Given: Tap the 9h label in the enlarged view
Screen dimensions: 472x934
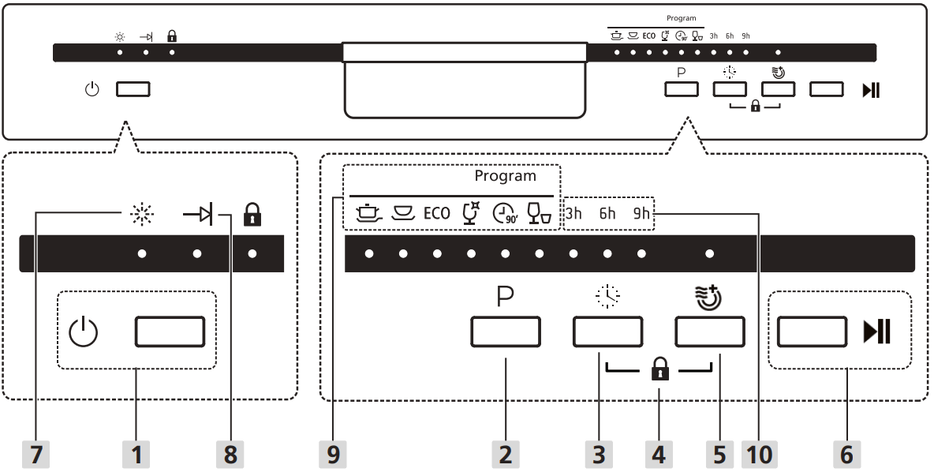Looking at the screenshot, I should [x=641, y=212].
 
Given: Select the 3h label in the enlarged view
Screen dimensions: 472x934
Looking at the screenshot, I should [x=573, y=212].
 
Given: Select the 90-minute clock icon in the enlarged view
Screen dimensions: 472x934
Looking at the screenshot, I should [x=505, y=212].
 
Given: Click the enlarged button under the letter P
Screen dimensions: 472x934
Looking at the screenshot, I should [x=506, y=332].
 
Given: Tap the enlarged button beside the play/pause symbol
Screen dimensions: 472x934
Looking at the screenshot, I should [x=812, y=332].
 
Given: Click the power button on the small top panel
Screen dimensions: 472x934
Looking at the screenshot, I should [x=133, y=89].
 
